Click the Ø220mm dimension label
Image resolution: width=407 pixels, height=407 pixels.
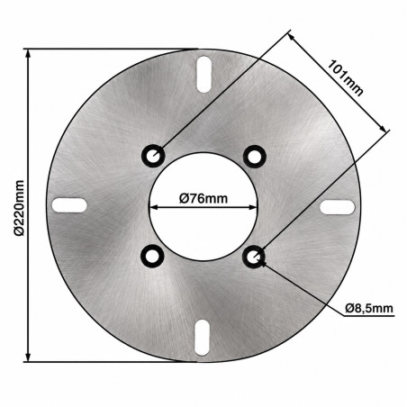[19, 208]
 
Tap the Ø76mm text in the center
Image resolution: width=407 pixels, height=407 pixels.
[203, 198]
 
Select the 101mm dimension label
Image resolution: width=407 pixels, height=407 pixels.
[345, 77]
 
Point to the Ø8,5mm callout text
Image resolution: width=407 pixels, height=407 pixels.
[369, 308]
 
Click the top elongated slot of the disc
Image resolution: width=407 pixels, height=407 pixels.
[204, 75]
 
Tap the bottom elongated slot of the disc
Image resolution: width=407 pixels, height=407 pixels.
[202, 338]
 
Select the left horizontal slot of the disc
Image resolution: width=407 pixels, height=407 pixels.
[69, 205]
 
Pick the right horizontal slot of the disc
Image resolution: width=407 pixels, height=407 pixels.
[338, 207]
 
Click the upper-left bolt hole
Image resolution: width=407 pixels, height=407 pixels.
[153, 156]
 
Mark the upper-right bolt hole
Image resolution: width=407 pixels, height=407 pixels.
[255, 157]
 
